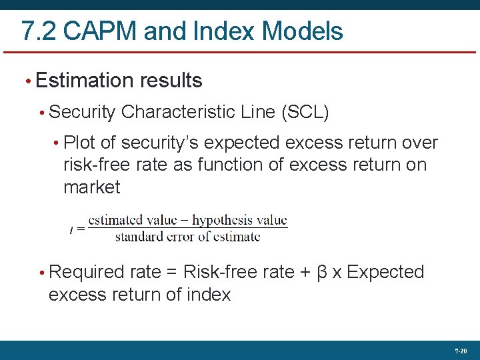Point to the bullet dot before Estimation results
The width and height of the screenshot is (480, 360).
pyautogui.click(x=27, y=81)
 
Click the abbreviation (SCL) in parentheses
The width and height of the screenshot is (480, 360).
pyautogui.click(x=305, y=112)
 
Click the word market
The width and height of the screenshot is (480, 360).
pyautogui.click(x=92, y=187)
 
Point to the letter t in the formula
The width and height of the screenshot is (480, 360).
pyautogui.click(x=72, y=229)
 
